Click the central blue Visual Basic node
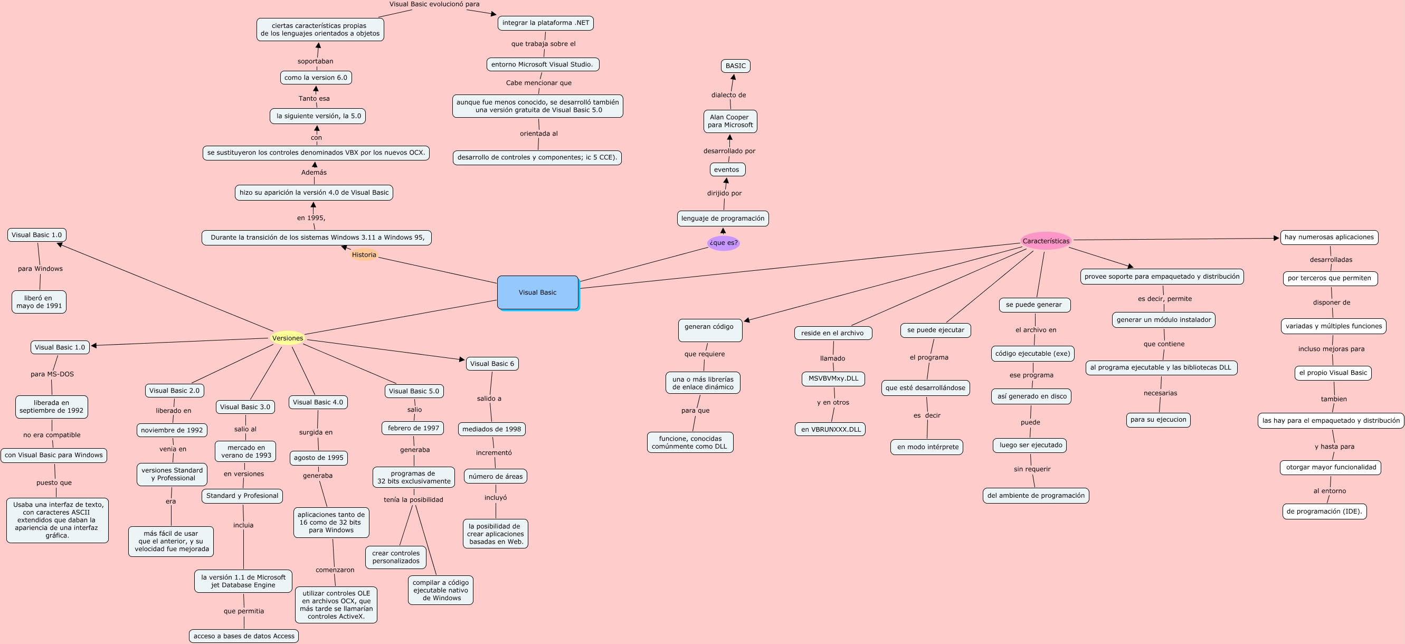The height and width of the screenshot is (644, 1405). pyautogui.click(x=538, y=292)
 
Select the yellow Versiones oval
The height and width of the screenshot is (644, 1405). pyautogui.click(x=288, y=338)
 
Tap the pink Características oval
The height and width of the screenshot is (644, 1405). pyautogui.click(x=1046, y=241)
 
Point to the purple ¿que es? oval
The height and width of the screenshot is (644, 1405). pyautogui.click(x=723, y=243)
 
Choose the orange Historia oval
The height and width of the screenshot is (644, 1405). pyautogui.click(x=364, y=254)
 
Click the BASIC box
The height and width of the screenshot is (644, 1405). pyautogui.click(x=735, y=66)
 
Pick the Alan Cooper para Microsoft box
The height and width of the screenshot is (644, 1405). pyautogui.click(x=730, y=121)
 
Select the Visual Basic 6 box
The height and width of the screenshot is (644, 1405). pyautogui.click(x=492, y=364)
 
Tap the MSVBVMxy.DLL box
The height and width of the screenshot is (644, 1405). pyautogui.click(x=833, y=378)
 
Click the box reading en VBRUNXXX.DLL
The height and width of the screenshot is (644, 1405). pyautogui.click(x=830, y=429)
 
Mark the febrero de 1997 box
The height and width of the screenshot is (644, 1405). pyautogui.click(x=413, y=428)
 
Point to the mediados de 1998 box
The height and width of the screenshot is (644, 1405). pyautogui.click(x=491, y=429)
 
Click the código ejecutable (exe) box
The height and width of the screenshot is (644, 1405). pyautogui.click(x=1032, y=353)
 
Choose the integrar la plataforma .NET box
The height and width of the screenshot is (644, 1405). pyautogui.click(x=545, y=23)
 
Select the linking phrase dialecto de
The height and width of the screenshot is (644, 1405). pyautogui.click(x=728, y=95)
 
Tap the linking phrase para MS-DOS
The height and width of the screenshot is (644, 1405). pyautogui.click(x=52, y=374)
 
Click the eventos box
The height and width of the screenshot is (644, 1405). pyautogui.click(x=727, y=169)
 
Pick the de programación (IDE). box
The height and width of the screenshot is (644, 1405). pyautogui.click(x=1324, y=512)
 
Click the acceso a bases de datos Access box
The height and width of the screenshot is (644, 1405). pyautogui.click(x=244, y=636)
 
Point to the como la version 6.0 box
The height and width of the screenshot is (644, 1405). pyautogui.click(x=316, y=78)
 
